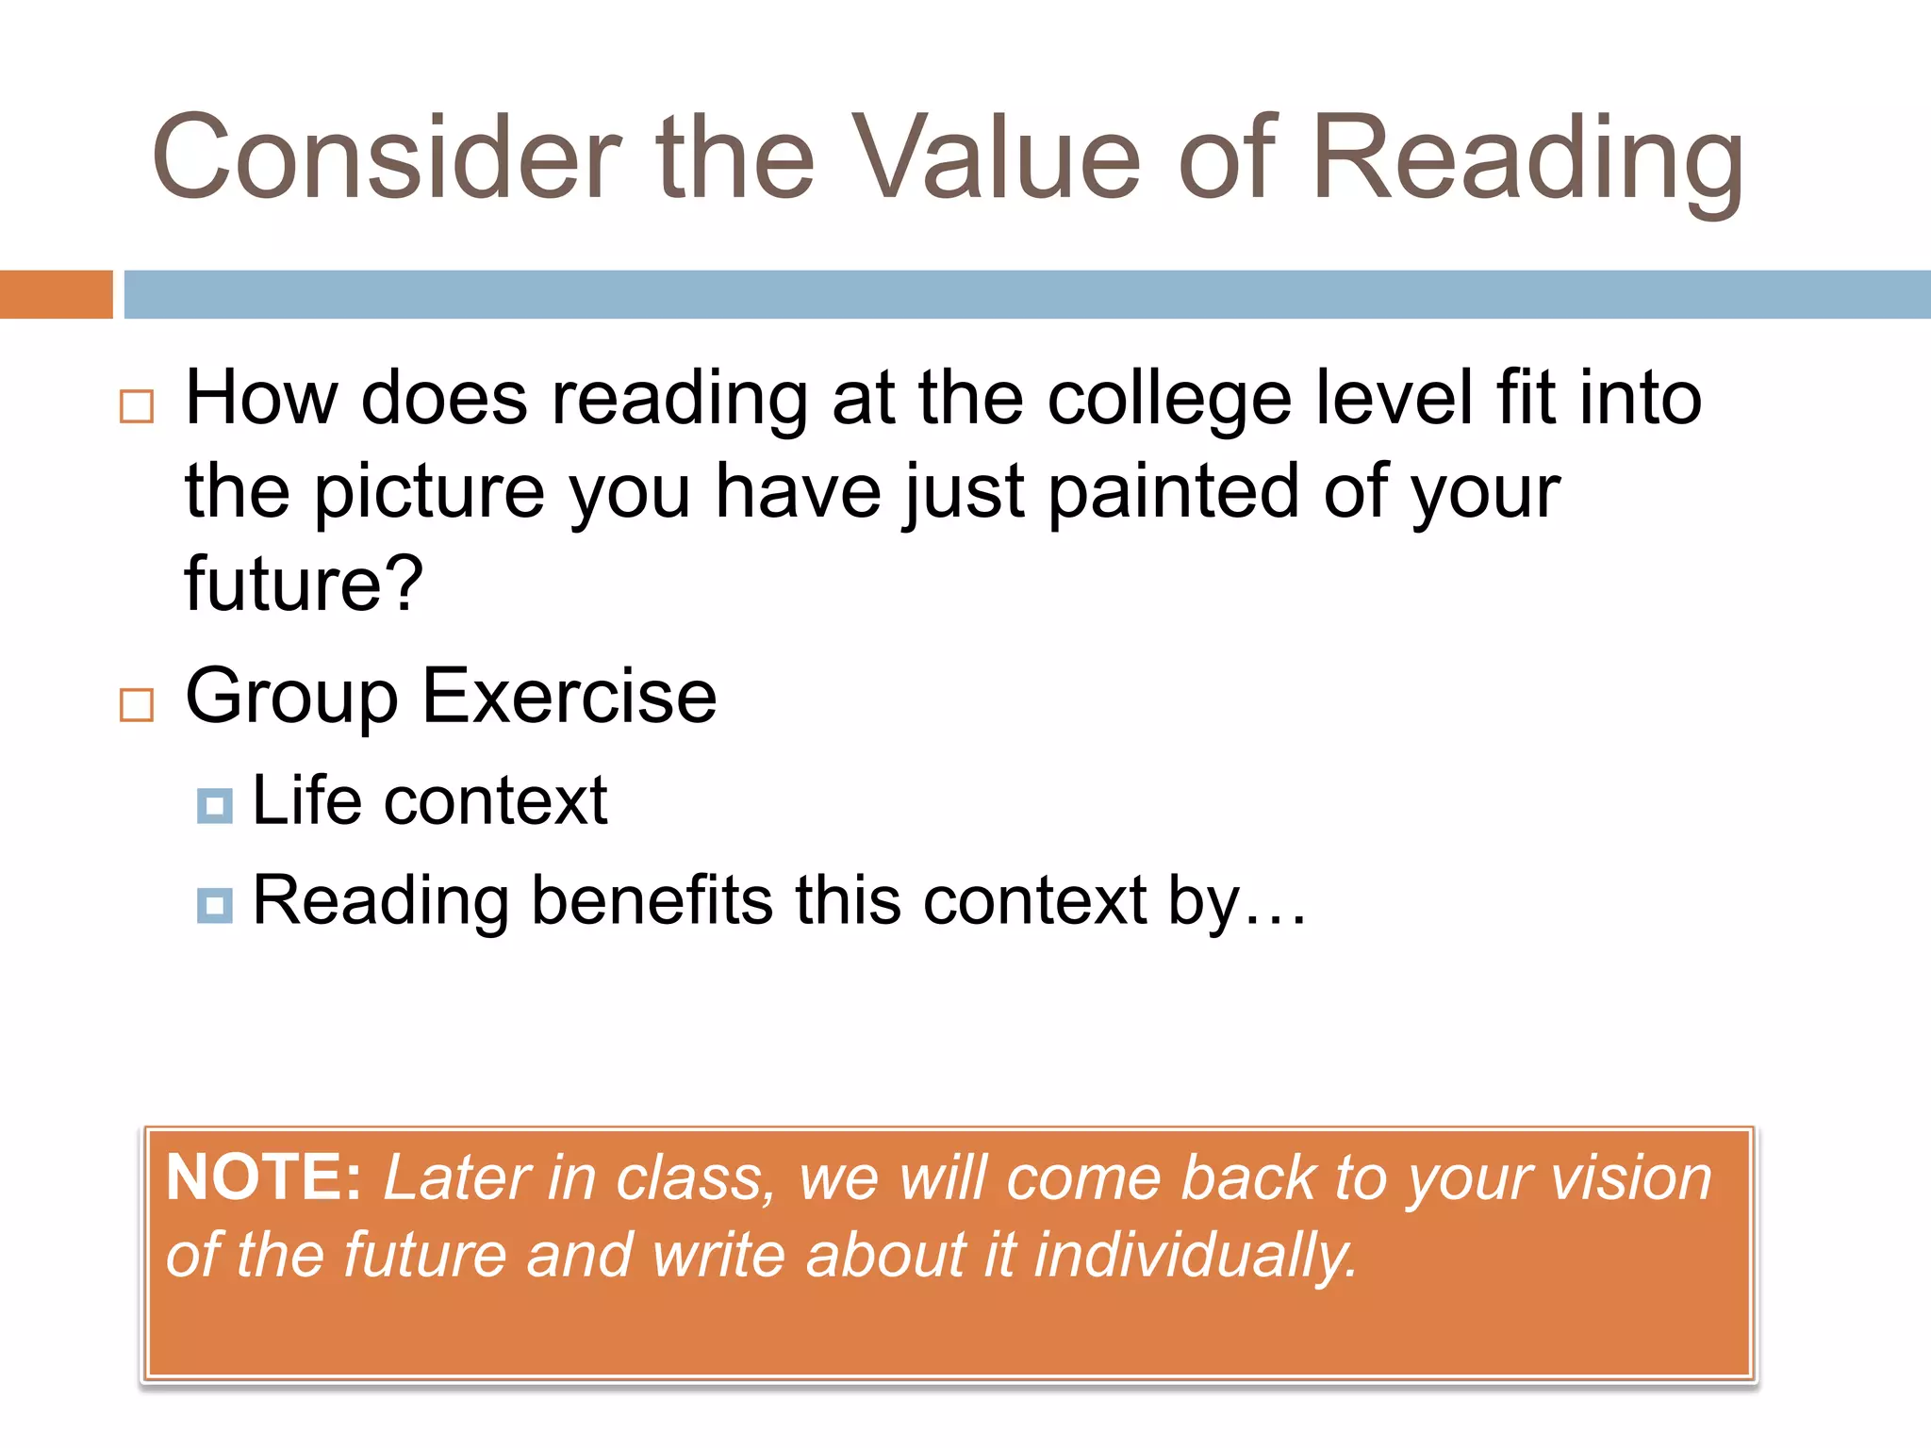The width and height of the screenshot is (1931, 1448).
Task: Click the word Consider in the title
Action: [387, 157]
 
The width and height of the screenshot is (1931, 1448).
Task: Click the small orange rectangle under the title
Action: [56, 294]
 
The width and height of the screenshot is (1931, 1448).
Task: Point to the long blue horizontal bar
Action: [1027, 294]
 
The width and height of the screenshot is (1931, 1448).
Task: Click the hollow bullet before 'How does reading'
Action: [137, 406]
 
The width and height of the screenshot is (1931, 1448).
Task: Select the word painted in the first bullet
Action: [1174, 491]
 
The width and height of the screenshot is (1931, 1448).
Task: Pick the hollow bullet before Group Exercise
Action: [137, 704]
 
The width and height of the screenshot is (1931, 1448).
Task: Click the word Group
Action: [291, 699]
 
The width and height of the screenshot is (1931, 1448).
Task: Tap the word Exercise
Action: [569, 697]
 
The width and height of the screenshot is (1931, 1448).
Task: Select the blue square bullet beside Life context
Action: [215, 806]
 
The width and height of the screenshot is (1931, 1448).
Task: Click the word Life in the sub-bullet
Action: [307, 800]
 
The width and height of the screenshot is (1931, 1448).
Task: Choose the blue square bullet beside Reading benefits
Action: [215, 905]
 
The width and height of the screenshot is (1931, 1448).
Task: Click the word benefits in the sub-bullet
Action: [652, 900]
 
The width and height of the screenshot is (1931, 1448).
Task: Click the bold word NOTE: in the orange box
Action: [263, 1177]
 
